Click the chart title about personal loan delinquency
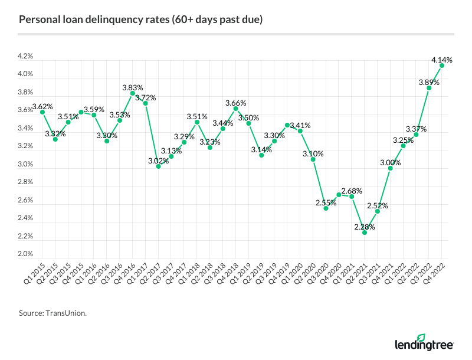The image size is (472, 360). [x=141, y=20]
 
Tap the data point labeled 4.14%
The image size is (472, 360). [x=442, y=66]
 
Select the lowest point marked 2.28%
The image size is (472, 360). [x=365, y=233]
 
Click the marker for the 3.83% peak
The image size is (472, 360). [x=133, y=93]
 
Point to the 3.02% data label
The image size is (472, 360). [x=158, y=161]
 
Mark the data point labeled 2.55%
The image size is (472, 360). [x=326, y=208]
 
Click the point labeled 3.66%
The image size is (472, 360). [x=235, y=109]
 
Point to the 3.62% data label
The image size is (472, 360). [x=42, y=107]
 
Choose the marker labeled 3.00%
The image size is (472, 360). [x=391, y=168]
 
